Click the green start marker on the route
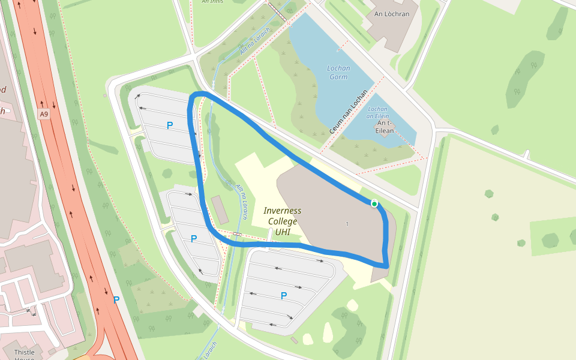374,204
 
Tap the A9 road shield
43,114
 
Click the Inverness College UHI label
283,221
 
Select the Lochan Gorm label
338,73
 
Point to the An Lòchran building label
395,13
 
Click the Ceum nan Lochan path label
349,113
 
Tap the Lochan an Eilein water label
377,112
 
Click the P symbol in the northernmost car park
170,125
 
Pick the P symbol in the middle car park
194,239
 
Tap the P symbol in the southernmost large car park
284,295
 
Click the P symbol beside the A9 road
116,300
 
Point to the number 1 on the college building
347,224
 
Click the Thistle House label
25,355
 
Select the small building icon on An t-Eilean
383,134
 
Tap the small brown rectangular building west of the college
220,209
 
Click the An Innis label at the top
213,2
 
